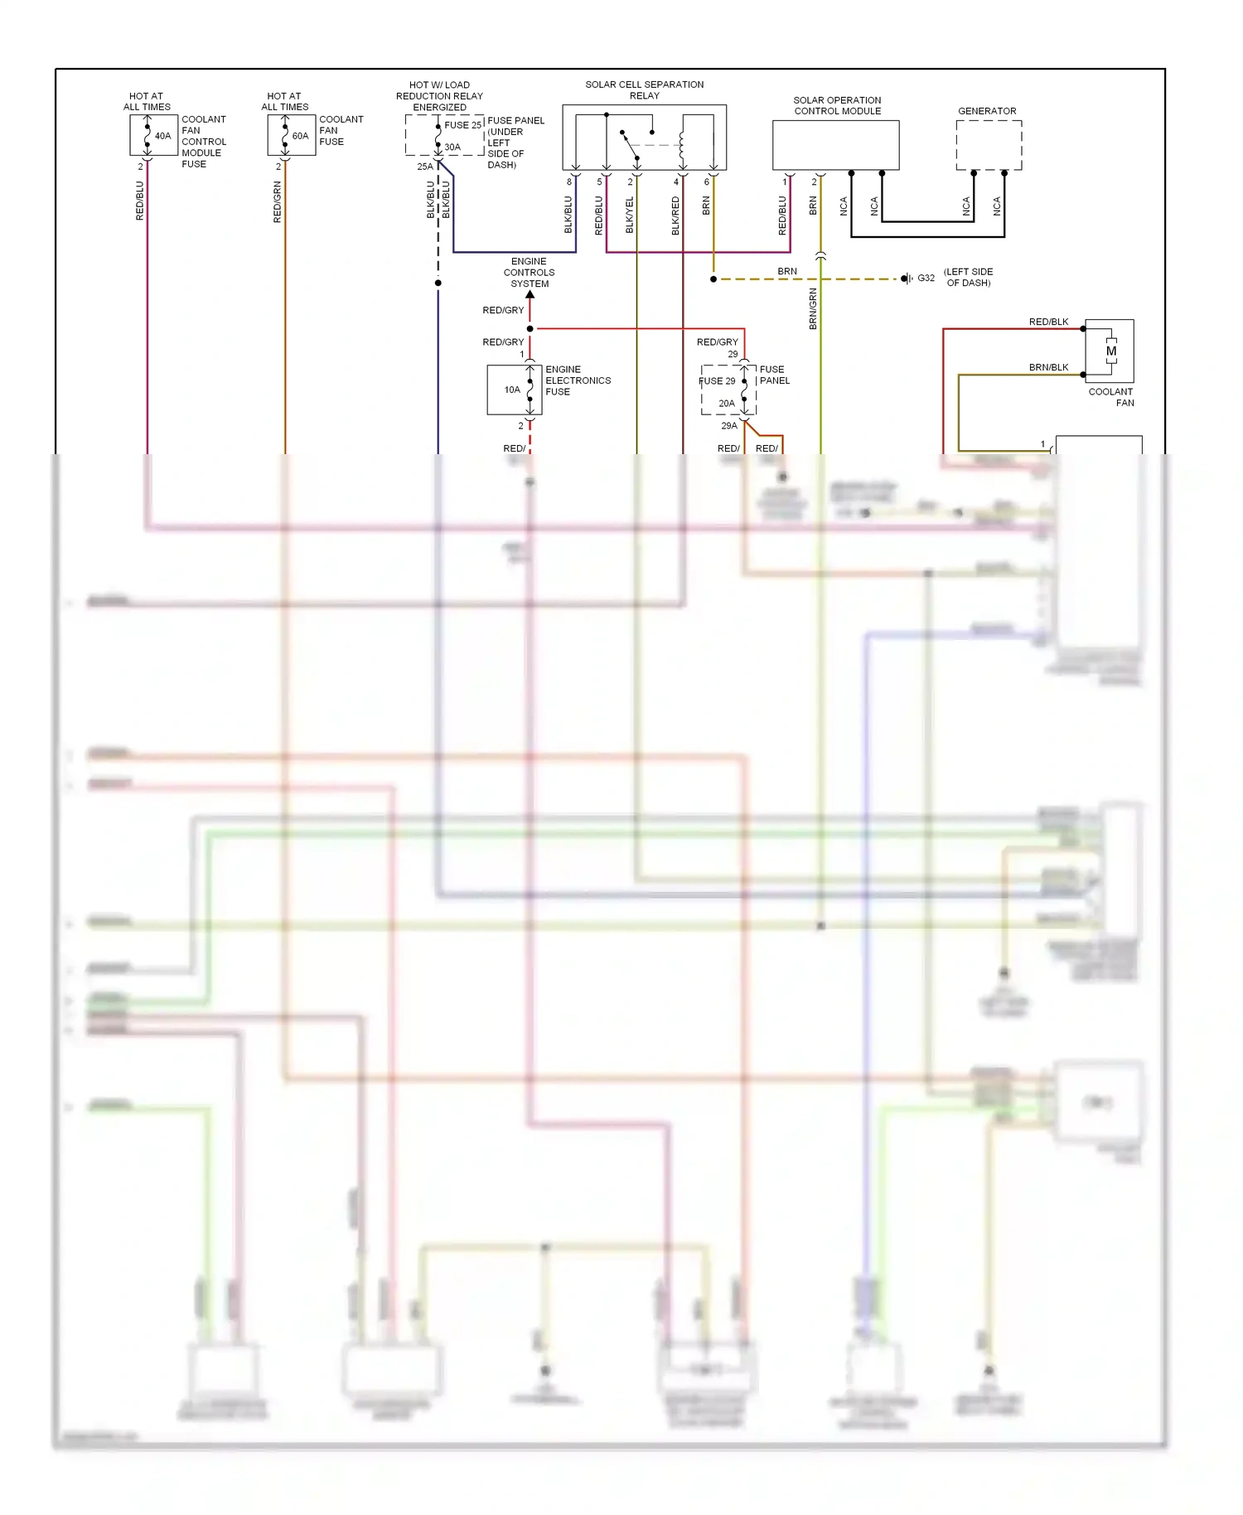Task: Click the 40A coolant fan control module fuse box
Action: point(153,135)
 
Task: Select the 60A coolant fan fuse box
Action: point(291,135)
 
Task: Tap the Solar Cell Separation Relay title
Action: point(644,90)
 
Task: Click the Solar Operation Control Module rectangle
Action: point(835,145)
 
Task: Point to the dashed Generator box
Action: point(989,145)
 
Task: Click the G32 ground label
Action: point(926,278)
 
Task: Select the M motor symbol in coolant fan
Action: point(1110,351)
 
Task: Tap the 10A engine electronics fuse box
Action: point(514,390)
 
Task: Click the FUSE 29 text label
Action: point(717,381)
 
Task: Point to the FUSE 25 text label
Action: point(462,125)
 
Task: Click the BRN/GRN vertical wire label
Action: point(813,309)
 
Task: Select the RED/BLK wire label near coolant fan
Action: point(1048,322)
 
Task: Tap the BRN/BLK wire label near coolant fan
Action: point(1048,367)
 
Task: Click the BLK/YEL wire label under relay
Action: point(629,215)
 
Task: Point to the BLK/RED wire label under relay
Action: point(675,215)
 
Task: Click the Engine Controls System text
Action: point(529,272)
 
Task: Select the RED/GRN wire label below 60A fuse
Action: point(278,202)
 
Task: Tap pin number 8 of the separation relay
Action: point(568,182)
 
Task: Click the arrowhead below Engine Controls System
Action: point(530,294)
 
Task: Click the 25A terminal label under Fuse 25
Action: point(424,167)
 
